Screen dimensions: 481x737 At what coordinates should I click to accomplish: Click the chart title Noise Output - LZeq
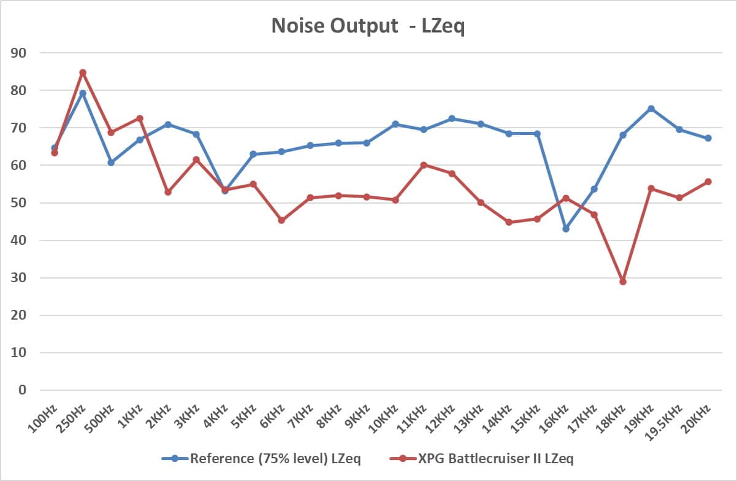tap(368, 27)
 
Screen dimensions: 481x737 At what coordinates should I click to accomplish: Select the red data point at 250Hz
tap(83, 72)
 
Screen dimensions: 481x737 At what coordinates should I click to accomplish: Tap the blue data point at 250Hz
tap(83, 93)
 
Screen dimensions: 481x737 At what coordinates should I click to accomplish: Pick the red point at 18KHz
tap(623, 282)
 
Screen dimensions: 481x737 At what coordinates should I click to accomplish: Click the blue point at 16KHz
tap(566, 229)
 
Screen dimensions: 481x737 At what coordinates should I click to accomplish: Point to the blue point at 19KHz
tap(651, 109)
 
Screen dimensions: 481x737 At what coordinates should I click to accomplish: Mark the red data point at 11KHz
tap(424, 165)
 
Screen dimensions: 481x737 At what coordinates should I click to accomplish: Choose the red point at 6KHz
tap(281, 220)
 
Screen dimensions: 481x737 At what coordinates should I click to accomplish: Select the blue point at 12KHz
tap(452, 118)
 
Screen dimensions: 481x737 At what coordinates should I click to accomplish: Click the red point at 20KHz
tap(708, 182)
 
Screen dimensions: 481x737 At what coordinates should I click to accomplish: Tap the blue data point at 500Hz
tap(111, 163)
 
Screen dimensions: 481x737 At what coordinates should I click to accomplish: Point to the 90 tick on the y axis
tap(19, 53)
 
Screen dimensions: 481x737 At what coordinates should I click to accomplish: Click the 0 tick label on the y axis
tap(23, 390)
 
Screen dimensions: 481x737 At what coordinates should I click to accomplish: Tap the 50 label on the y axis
tap(19, 203)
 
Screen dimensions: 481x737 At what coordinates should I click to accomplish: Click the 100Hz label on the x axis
tap(45, 417)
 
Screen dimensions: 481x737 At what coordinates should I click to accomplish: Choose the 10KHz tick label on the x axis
tap(384, 417)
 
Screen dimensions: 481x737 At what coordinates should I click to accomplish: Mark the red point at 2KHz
tap(168, 192)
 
